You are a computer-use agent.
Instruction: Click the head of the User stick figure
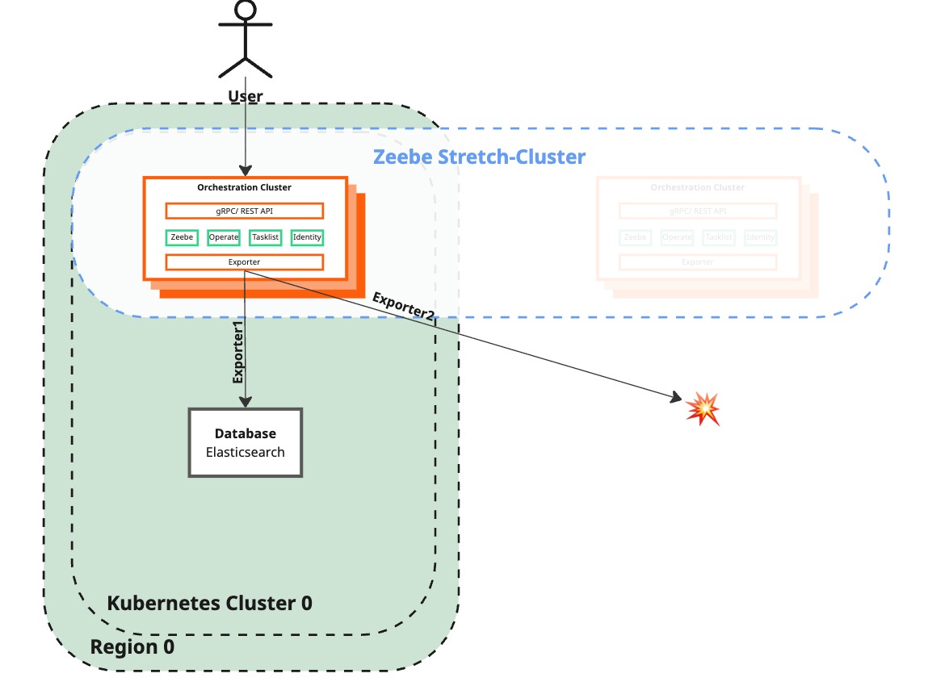(246, 10)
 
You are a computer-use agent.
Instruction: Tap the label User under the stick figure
(246, 96)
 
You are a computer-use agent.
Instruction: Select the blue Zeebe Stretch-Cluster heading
(479, 157)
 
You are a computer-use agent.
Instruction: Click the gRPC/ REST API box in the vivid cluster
(245, 211)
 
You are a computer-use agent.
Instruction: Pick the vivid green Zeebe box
(183, 237)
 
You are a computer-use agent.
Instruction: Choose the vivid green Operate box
(224, 237)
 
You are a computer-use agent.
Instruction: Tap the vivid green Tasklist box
(266, 237)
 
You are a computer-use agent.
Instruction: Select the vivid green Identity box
(307, 237)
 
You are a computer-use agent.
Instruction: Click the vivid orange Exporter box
(245, 262)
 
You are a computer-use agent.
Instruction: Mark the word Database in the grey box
(245, 434)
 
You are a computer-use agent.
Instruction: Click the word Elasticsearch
(245, 452)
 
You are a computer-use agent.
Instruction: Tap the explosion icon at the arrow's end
(702, 408)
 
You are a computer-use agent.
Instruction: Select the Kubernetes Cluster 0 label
(209, 603)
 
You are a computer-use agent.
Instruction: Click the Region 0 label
(132, 646)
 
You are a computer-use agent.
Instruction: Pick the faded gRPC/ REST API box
(698, 211)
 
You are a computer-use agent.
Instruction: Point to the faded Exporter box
(698, 262)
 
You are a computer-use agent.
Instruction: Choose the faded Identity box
(760, 237)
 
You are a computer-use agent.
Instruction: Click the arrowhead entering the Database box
(245, 402)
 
